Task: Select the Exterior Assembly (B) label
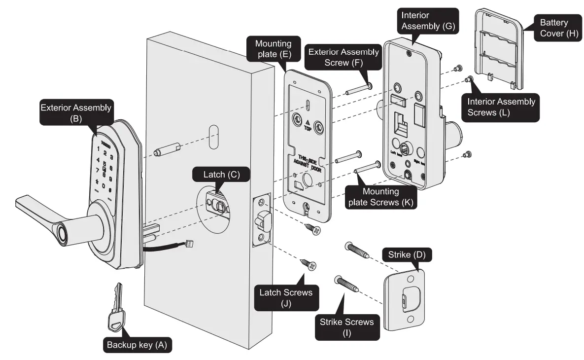pos(76,113)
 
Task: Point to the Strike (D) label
pos(407,255)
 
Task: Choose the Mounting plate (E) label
pos(273,49)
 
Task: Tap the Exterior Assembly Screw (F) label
pos(343,57)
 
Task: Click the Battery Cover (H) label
pos(554,28)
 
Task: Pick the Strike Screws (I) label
pos(347,326)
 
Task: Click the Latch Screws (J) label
pos(286,298)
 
